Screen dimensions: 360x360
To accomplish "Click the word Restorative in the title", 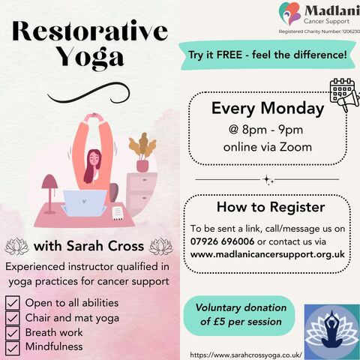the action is coord(90,31).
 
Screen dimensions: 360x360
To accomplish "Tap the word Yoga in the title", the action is coord(90,58).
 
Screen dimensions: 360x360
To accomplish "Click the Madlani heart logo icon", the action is coord(290,13).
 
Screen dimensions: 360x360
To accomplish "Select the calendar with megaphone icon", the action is coord(344,94).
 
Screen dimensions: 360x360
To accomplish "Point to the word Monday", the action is coord(292,109).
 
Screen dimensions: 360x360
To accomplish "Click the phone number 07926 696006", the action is coord(222,241).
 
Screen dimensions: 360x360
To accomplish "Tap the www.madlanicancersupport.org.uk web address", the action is coord(268,254).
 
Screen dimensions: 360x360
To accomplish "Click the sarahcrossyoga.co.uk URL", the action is coord(246,355).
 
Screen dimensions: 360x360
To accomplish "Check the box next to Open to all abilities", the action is coord(12,303).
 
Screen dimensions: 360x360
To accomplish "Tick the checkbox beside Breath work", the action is coord(12,333).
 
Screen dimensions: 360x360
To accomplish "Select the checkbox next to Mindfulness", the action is coord(12,348).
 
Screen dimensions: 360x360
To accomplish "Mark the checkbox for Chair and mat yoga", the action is coord(12,318).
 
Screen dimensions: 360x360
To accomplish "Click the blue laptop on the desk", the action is coord(85,203).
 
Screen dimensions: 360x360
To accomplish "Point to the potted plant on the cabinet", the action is coord(142,152).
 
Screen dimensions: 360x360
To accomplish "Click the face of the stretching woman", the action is coord(94,159).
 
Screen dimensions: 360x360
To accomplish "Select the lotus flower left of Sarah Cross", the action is coord(16,246).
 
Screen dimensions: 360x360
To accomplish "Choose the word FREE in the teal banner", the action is coord(229,55).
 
